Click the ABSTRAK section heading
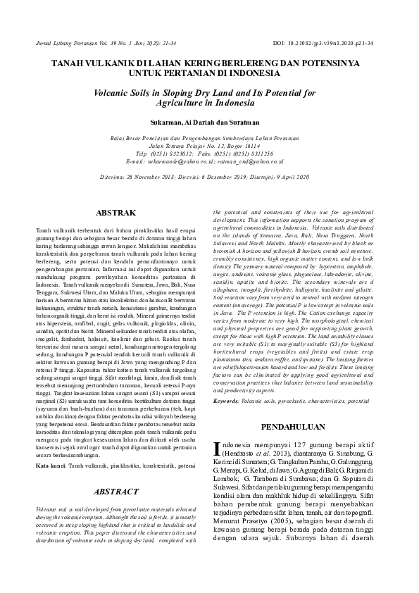click(x=115, y=212)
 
